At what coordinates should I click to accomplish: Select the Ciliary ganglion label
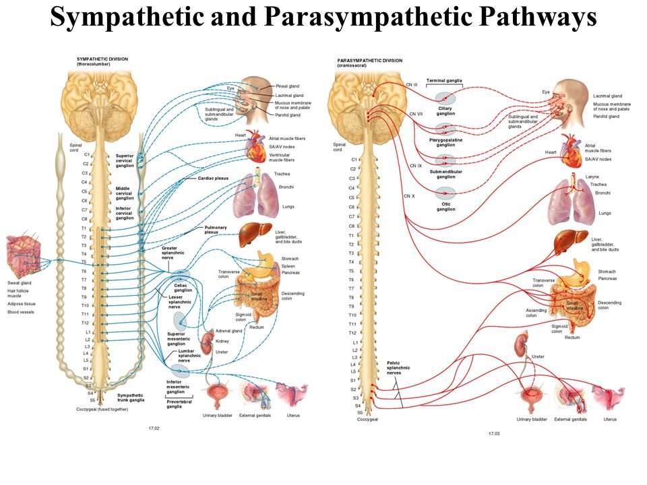(x=445, y=111)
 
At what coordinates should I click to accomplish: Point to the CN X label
(x=409, y=196)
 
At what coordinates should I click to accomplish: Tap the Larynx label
(x=592, y=176)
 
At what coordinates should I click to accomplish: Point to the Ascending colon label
(x=536, y=313)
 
